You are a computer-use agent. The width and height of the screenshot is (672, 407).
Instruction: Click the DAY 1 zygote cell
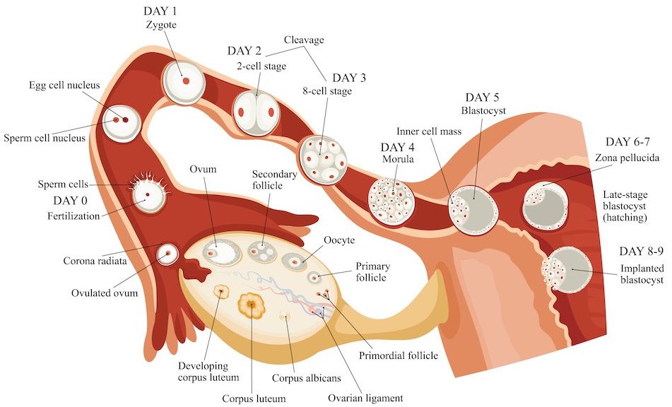(x=184, y=82)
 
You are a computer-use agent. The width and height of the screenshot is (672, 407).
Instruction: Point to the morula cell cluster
(x=391, y=202)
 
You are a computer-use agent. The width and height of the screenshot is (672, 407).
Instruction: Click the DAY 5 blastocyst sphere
(x=473, y=207)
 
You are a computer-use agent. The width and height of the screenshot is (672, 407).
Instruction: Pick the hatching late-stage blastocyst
(x=546, y=204)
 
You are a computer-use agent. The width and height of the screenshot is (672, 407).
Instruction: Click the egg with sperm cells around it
(x=148, y=194)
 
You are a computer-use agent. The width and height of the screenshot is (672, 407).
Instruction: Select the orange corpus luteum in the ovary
(x=251, y=305)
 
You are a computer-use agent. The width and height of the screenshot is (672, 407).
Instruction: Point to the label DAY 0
(x=74, y=201)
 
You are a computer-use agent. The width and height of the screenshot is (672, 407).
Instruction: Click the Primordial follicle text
(x=399, y=355)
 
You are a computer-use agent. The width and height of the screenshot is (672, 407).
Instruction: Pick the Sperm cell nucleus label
(x=44, y=138)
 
